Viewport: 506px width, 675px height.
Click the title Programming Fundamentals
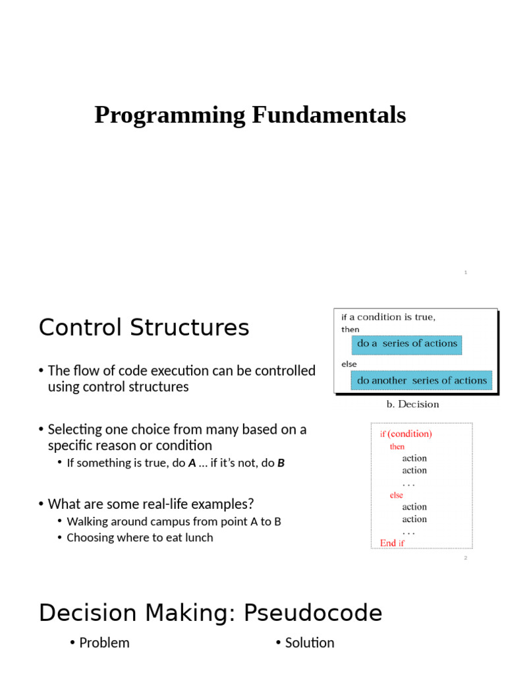click(x=250, y=115)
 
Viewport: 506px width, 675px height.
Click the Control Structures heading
click(x=144, y=328)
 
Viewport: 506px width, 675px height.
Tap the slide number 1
click(x=465, y=272)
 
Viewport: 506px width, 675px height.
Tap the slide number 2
click(x=465, y=558)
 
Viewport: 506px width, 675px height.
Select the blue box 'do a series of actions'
click(x=407, y=344)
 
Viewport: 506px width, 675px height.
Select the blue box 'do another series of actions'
click(x=422, y=380)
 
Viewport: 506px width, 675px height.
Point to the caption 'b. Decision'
click(x=412, y=405)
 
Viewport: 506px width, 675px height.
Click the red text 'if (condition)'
click(x=406, y=434)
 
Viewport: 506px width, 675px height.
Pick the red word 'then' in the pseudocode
click(x=397, y=446)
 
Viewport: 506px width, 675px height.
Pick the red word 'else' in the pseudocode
click(x=396, y=495)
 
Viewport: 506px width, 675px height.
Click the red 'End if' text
click(x=392, y=543)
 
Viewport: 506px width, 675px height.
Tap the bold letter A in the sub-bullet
click(x=192, y=463)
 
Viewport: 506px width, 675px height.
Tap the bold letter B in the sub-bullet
click(x=281, y=463)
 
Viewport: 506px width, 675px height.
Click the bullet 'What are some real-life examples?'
click(x=150, y=504)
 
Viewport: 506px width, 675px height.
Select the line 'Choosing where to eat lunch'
click(x=140, y=537)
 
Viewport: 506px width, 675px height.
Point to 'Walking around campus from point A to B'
click(x=174, y=521)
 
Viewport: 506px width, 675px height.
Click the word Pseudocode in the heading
click(x=313, y=613)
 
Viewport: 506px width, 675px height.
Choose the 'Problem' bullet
click(x=104, y=643)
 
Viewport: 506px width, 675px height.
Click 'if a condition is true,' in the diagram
click(x=388, y=317)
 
